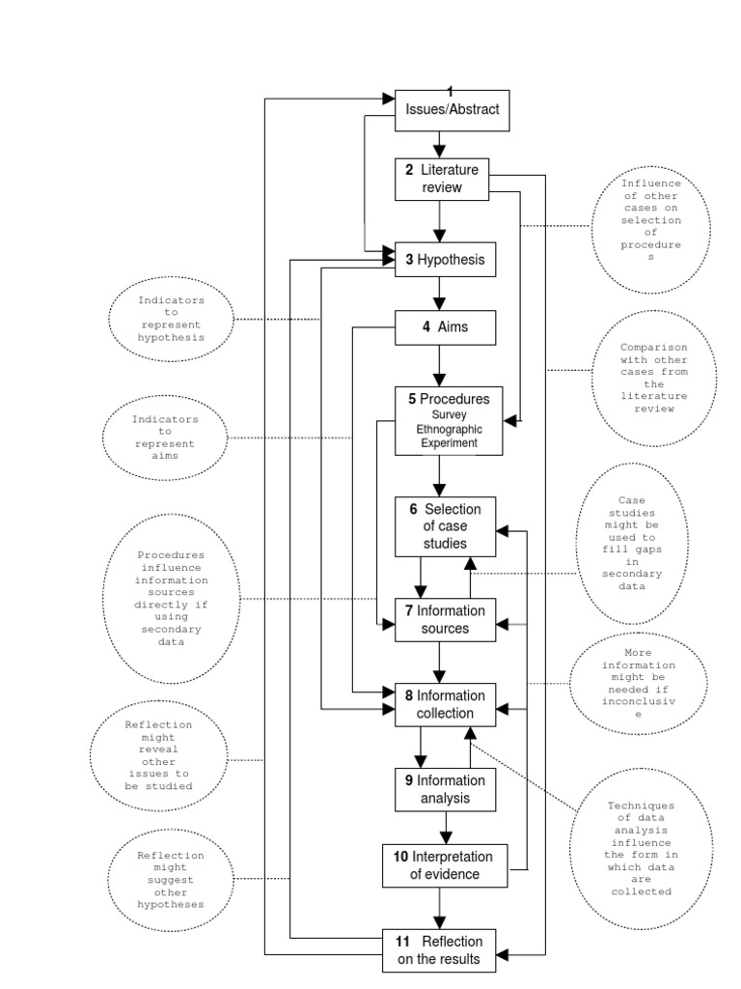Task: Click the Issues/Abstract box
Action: (x=451, y=109)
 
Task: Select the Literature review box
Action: (x=442, y=178)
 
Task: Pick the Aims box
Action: (x=445, y=326)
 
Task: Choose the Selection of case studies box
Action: (x=445, y=526)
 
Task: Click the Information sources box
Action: (x=445, y=619)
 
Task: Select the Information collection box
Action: (x=445, y=704)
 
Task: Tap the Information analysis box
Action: (x=445, y=789)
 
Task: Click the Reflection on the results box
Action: (x=440, y=950)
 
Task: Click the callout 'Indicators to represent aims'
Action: (x=165, y=438)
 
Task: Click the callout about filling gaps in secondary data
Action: (x=637, y=543)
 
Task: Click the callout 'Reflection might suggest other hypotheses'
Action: (x=171, y=879)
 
